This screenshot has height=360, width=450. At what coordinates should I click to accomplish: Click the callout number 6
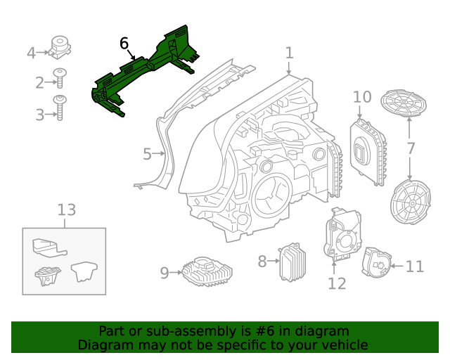124,44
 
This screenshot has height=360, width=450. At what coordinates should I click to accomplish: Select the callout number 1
289,53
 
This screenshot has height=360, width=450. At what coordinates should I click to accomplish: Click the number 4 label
31,53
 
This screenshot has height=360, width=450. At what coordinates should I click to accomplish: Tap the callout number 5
147,154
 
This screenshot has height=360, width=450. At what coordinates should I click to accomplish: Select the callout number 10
361,96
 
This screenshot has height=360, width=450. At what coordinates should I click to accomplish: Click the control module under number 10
369,151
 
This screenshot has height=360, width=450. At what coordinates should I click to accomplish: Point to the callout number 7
411,148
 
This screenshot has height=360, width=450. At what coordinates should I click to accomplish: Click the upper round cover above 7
404,105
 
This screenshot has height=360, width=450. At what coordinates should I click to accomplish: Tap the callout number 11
415,266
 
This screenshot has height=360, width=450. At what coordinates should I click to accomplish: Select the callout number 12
337,283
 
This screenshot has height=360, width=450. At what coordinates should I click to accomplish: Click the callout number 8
262,262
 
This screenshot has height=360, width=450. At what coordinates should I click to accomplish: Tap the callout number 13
66,210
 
